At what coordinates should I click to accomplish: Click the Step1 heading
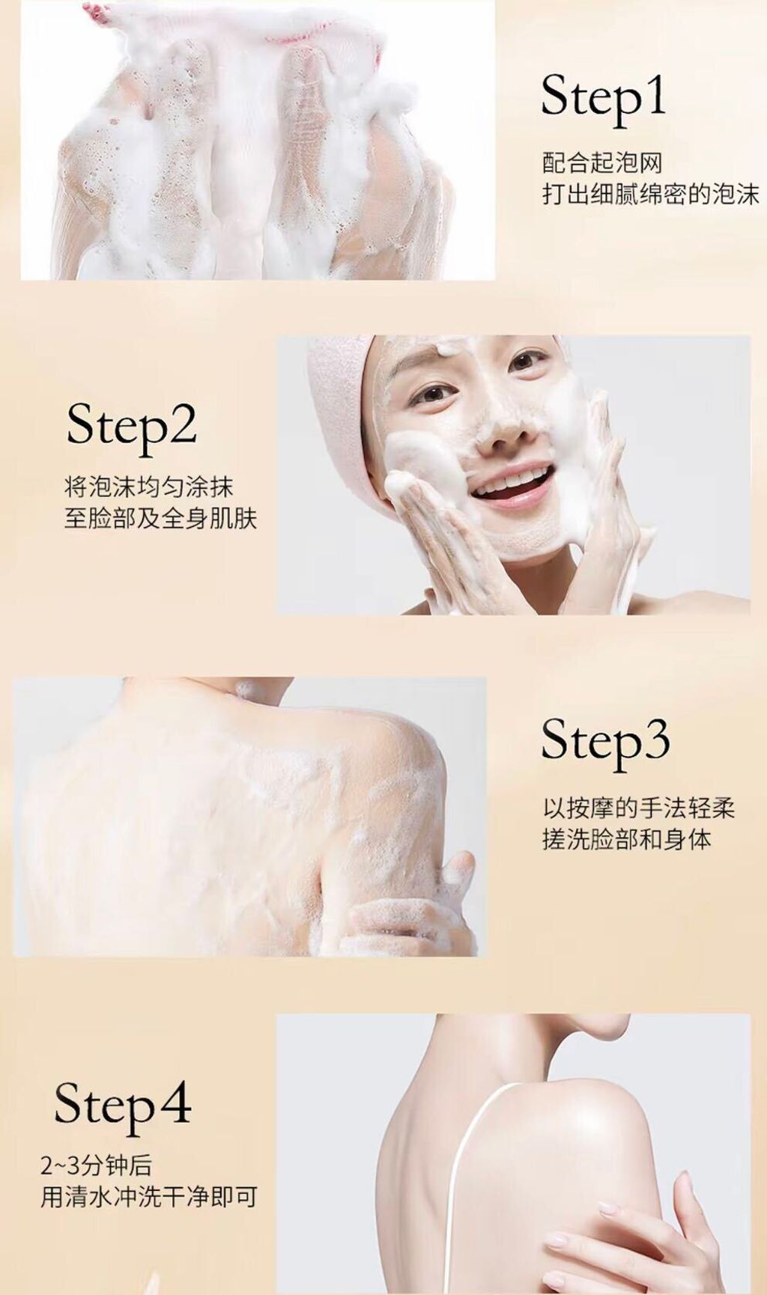point(604,97)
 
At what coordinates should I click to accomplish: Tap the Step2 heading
point(131,426)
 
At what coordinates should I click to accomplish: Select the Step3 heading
point(605,741)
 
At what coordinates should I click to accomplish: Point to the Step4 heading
point(122,1106)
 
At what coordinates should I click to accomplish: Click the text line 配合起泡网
point(602,162)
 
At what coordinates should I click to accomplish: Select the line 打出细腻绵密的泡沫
point(651,195)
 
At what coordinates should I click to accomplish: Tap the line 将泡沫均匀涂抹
point(149,487)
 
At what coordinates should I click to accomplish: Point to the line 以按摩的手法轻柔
point(639,808)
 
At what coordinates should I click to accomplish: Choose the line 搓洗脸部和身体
point(627,840)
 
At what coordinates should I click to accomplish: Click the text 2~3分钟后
point(96,1165)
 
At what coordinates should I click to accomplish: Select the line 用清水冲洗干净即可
point(149,1198)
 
